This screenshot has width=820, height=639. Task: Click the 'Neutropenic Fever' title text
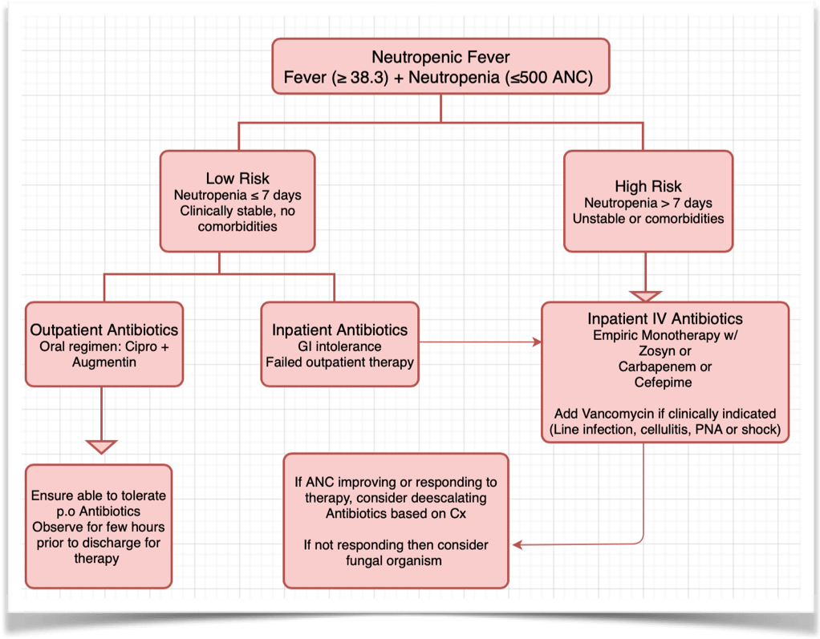440,58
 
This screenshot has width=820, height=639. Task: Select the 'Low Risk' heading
237,178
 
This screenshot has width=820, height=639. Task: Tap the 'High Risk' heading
647,186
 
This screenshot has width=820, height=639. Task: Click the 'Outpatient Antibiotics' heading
104,330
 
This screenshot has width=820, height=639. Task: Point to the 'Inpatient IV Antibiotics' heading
665,319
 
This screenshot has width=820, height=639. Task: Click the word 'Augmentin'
104,362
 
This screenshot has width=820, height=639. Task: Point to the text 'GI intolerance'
339,346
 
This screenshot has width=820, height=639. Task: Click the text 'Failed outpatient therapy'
339,362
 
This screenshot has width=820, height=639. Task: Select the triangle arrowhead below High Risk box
647,294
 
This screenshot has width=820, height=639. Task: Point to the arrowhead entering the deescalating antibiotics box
518,545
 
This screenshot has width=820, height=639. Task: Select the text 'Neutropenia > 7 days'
647,203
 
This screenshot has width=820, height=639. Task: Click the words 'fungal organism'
396,560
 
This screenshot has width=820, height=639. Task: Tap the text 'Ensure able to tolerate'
99,495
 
